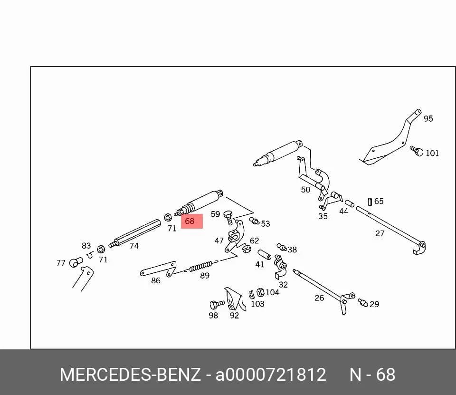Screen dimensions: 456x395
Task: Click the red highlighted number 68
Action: click(x=190, y=221)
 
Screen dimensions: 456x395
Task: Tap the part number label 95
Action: click(x=428, y=119)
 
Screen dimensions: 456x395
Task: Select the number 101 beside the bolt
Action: click(x=432, y=153)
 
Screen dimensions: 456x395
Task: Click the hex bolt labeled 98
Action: click(x=217, y=305)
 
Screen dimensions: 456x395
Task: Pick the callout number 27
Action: click(x=380, y=233)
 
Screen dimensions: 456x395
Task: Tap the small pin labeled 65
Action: click(x=370, y=202)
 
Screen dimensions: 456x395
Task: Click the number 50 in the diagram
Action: click(x=305, y=190)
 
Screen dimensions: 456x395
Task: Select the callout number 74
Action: click(x=134, y=246)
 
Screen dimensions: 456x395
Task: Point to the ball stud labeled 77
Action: click(x=76, y=262)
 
